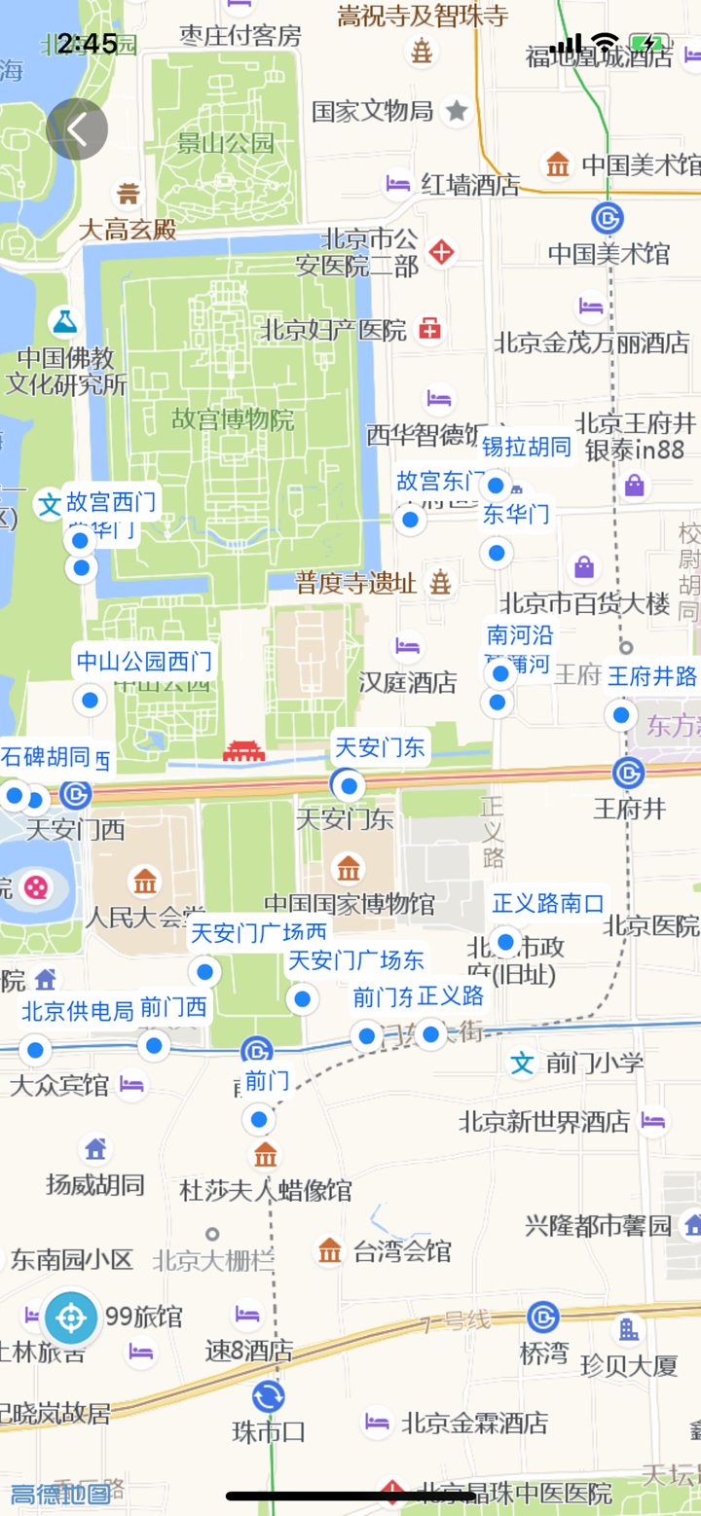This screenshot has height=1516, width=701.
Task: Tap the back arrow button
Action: click(x=77, y=128)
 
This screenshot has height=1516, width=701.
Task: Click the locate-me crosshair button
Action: click(x=70, y=1318)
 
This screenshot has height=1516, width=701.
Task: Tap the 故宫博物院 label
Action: click(x=233, y=420)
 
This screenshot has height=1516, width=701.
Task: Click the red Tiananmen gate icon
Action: click(x=243, y=751)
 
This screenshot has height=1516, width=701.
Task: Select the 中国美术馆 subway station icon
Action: click(x=608, y=217)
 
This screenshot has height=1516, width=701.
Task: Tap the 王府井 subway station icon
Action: click(x=628, y=774)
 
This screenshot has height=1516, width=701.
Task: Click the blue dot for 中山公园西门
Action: click(x=90, y=699)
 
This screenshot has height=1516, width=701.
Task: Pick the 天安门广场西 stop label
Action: click(x=259, y=933)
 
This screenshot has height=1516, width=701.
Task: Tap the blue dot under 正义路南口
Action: click(x=505, y=942)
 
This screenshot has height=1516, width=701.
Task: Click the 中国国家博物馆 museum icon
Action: click(x=348, y=867)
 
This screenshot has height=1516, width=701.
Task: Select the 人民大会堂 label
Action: click(x=145, y=917)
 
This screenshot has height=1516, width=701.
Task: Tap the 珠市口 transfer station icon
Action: click(x=268, y=1397)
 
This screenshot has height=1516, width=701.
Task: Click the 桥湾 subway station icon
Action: click(x=543, y=1317)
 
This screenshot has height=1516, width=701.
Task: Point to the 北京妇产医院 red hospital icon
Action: click(x=429, y=330)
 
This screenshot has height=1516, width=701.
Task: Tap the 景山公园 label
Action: click(x=227, y=144)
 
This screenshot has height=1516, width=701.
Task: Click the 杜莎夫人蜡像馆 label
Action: click(x=266, y=1190)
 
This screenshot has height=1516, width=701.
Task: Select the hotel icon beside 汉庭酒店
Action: click(x=407, y=646)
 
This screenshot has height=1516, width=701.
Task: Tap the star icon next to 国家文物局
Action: click(x=457, y=111)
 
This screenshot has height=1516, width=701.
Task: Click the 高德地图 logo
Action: click(x=59, y=1494)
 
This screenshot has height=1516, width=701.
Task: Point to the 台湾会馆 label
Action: click(x=402, y=1250)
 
